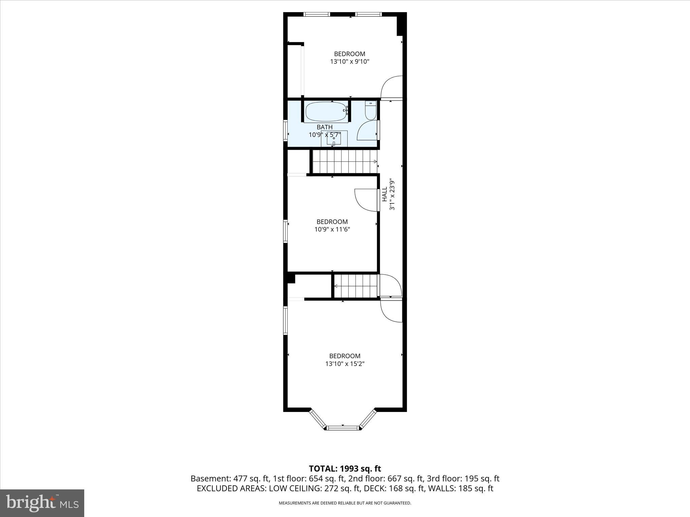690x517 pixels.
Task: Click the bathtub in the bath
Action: tap(326, 112)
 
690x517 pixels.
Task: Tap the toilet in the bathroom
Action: tap(371, 111)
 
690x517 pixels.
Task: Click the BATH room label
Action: tap(324, 127)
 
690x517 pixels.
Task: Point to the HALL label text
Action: tap(384, 195)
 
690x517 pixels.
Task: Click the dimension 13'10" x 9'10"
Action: tap(350, 62)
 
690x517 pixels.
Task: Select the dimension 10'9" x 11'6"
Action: tap(332, 230)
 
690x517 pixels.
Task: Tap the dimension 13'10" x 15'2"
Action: tap(345, 364)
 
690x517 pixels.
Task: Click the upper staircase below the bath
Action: tap(344, 162)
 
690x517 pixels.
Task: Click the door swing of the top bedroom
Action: tap(392, 87)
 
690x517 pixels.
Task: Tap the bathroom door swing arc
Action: tap(367, 131)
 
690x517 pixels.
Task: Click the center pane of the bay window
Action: tap(343, 428)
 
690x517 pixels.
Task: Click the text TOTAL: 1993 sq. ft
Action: tap(345, 469)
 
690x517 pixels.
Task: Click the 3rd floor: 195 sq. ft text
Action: tap(463, 479)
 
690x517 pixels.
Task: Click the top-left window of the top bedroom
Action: tap(316, 14)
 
